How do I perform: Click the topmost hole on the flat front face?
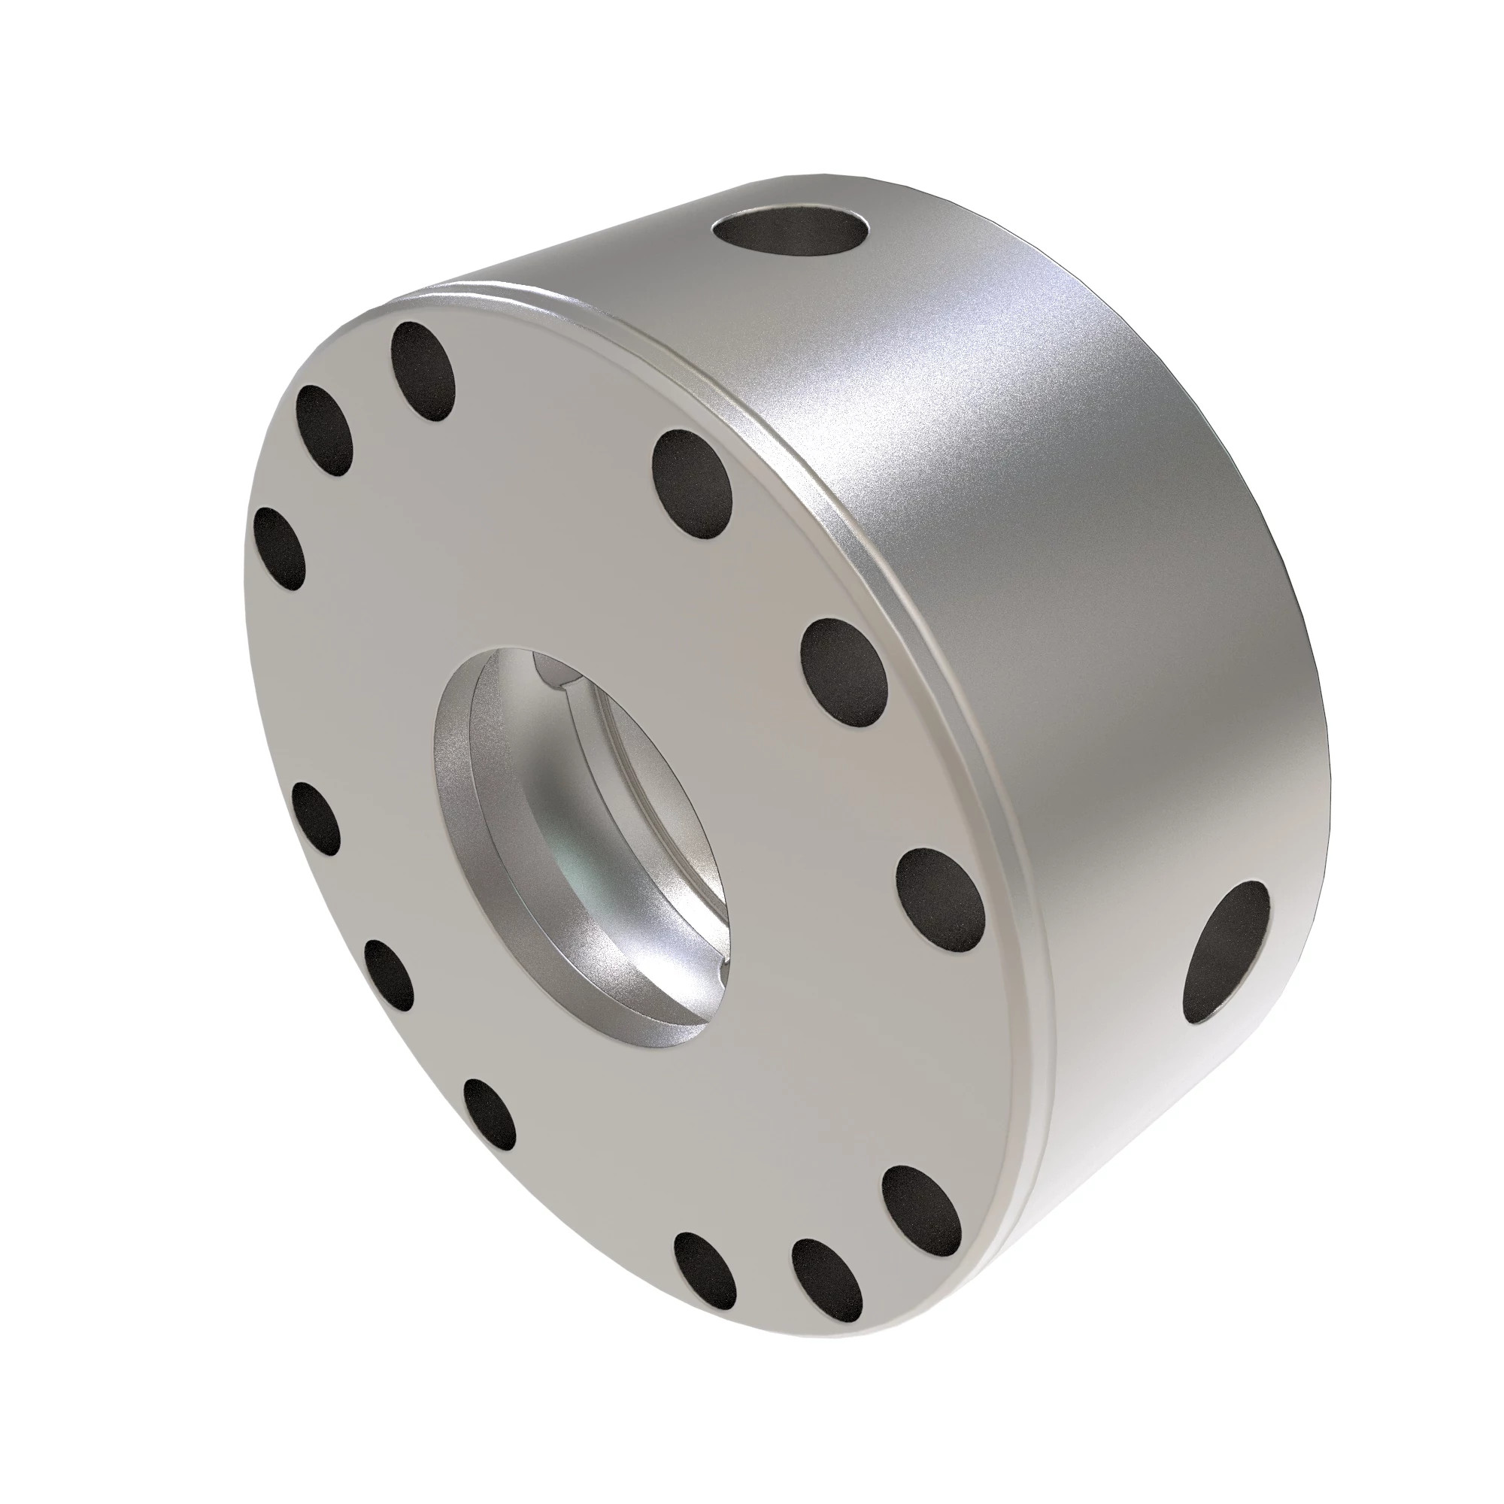pyautogui.click(x=423, y=372)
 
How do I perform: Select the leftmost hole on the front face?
pyautogui.click(x=280, y=547)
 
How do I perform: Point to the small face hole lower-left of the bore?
pyautogui.click(x=389, y=974)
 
